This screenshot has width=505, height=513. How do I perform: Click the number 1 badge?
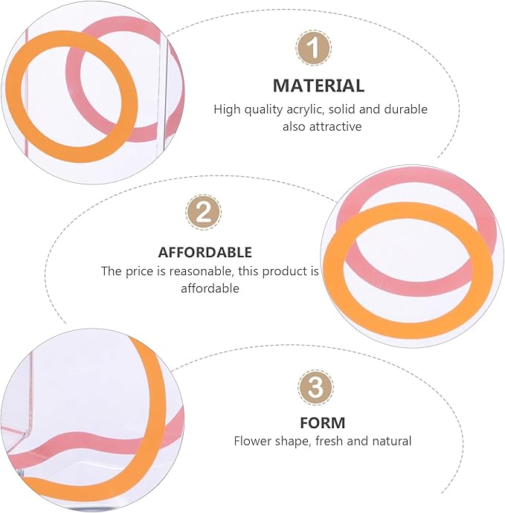point(314,48)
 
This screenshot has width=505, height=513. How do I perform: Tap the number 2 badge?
point(203,212)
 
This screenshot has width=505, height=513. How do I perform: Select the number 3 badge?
point(315,387)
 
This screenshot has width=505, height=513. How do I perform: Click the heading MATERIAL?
point(318,85)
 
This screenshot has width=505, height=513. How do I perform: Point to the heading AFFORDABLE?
point(205,253)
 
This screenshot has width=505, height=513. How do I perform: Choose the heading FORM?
point(322,423)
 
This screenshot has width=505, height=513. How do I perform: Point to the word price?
point(141,272)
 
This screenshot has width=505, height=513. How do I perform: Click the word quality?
point(263,109)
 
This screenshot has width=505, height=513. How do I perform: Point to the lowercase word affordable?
point(210,288)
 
